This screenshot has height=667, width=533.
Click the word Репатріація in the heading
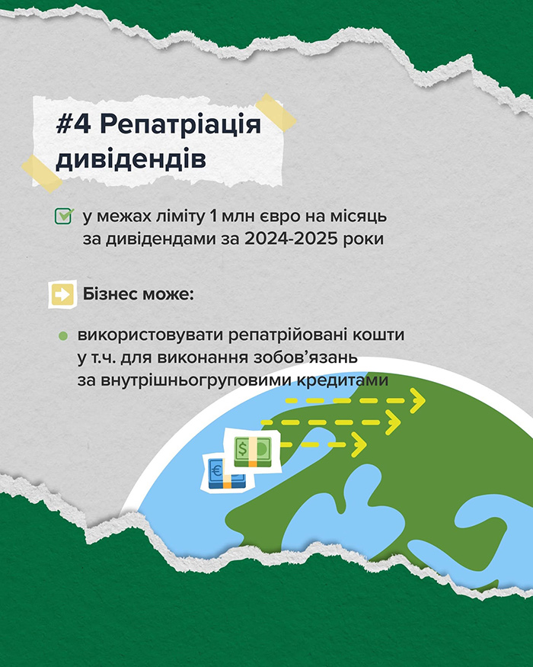pyautogui.click(x=181, y=125)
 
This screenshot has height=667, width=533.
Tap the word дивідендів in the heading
pyautogui.click(x=131, y=159)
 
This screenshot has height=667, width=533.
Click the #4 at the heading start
pyautogui.click(x=73, y=125)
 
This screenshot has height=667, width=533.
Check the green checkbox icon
pyautogui.click(x=64, y=216)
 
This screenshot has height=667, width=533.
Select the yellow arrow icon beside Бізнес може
pyautogui.click(x=62, y=294)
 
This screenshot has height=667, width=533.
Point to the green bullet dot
pyautogui.click(x=63, y=336)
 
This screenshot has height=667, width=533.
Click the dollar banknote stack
pyautogui.click(x=253, y=451)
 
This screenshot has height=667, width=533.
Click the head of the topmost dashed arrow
pyautogui.click(x=417, y=400)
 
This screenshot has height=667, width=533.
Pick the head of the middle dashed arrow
pyautogui.click(x=394, y=422)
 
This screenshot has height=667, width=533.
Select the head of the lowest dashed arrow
pyautogui.click(x=359, y=444)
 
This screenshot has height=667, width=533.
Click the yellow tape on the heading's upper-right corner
pyautogui.click(x=276, y=112)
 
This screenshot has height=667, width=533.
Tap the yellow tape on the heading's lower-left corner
pyautogui.click(x=42, y=174)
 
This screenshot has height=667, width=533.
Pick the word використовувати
pyautogui.click(x=151, y=335)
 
